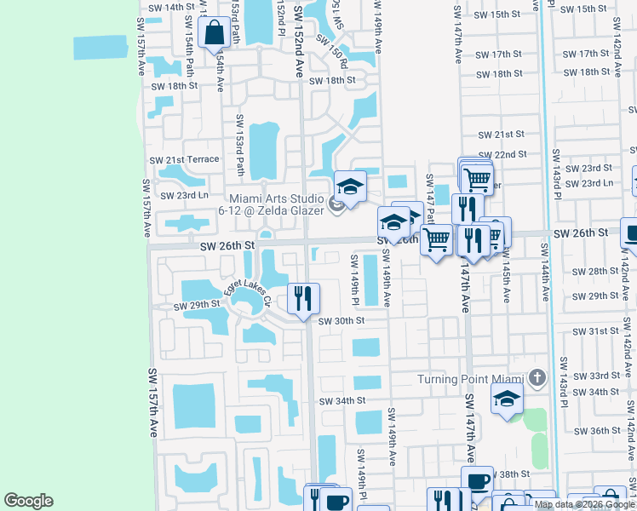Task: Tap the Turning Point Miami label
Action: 470,379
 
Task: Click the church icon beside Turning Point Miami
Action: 537,377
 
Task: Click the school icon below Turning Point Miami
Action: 507,398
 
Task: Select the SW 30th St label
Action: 341,321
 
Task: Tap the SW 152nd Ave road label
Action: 299,41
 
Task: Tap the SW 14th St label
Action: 171,7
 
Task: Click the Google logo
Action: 28,501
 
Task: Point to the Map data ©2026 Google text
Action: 585,504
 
